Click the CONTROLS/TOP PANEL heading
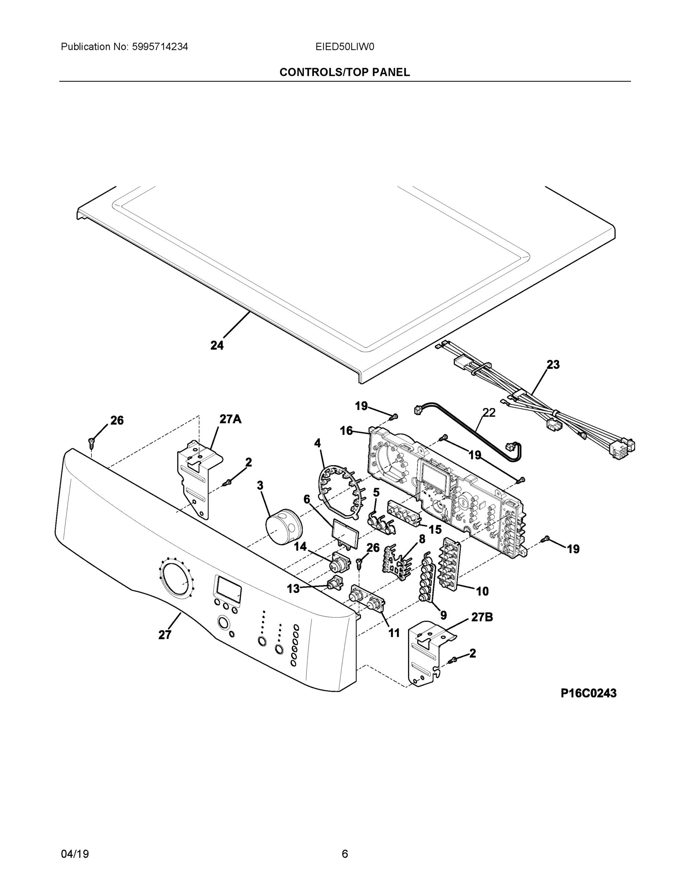tap(344, 73)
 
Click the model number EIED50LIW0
tap(344, 47)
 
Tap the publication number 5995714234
tap(160, 47)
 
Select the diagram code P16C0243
tap(588, 693)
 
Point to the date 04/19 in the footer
tap(75, 854)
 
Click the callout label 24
tap(217, 346)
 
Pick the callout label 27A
tap(231, 419)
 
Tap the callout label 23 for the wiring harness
tap(553, 364)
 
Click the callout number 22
tap(489, 413)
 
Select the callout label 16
tap(346, 431)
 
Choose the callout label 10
tap(482, 591)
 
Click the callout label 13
tap(293, 588)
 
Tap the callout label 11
tap(394, 633)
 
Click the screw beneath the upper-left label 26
tap(91, 441)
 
